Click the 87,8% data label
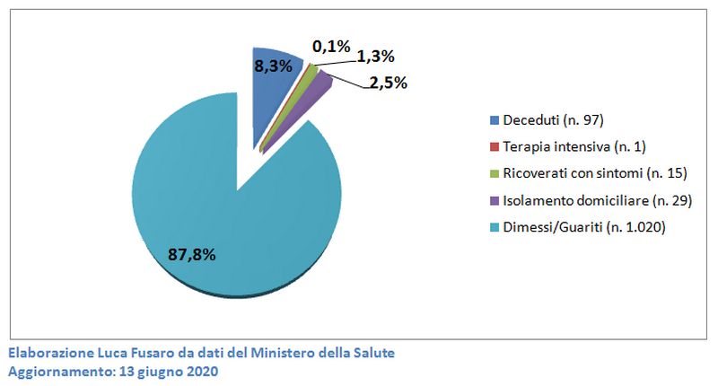(191, 254)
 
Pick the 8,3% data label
(272, 66)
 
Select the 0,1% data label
(330, 46)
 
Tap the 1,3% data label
(376, 57)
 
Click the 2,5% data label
(387, 83)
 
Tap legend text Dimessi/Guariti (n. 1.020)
(583, 228)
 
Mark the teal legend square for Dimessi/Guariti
(495, 228)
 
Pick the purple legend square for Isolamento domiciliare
(495, 201)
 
